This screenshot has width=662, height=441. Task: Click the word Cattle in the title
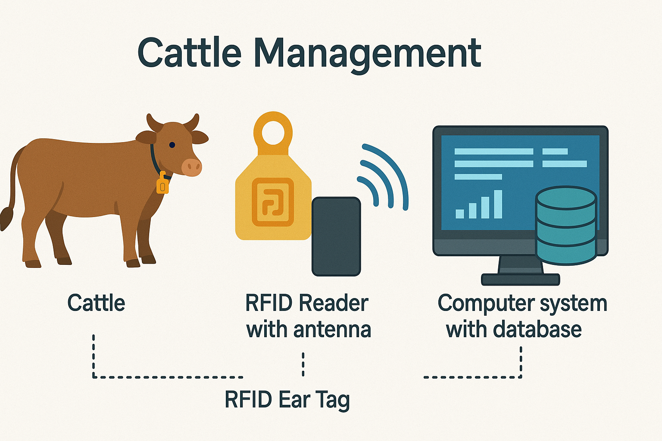(189, 53)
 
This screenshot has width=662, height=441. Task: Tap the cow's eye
(172, 145)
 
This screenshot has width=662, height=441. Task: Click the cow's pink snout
(192, 167)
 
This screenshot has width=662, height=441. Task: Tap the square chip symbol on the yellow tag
(272, 202)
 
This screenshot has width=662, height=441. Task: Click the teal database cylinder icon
(566, 226)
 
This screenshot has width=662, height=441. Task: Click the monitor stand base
(520, 280)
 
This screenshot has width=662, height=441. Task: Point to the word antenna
(332, 330)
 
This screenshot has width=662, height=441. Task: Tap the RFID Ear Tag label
(287, 400)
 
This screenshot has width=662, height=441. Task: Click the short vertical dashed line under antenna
(303, 364)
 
